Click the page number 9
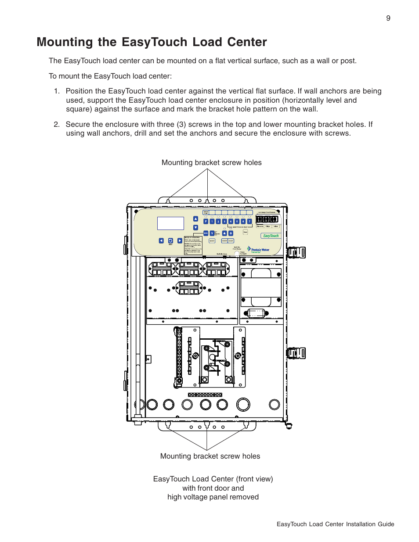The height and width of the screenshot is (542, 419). [388, 18]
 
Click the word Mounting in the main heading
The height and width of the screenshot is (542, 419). [65, 42]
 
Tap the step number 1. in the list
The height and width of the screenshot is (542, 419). [57, 91]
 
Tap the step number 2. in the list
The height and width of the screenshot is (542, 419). [57, 125]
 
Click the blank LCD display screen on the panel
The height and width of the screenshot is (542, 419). [170, 223]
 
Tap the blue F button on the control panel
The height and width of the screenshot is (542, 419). [206, 222]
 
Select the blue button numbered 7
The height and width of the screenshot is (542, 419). [249, 222]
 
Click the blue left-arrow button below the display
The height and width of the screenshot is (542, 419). [161, 240]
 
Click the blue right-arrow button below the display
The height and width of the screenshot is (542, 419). [180, 240]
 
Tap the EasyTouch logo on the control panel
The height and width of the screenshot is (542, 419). [271, 236]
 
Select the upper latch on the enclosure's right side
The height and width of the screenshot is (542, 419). [296, 252]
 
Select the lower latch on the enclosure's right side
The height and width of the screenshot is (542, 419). [296, 353]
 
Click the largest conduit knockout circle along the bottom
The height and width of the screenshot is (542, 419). [243, 404]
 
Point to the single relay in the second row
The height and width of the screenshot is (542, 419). [189, 288]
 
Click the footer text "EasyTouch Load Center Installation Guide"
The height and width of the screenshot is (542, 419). [335, 524]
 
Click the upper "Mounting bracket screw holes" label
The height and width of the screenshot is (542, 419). [211, 163]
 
